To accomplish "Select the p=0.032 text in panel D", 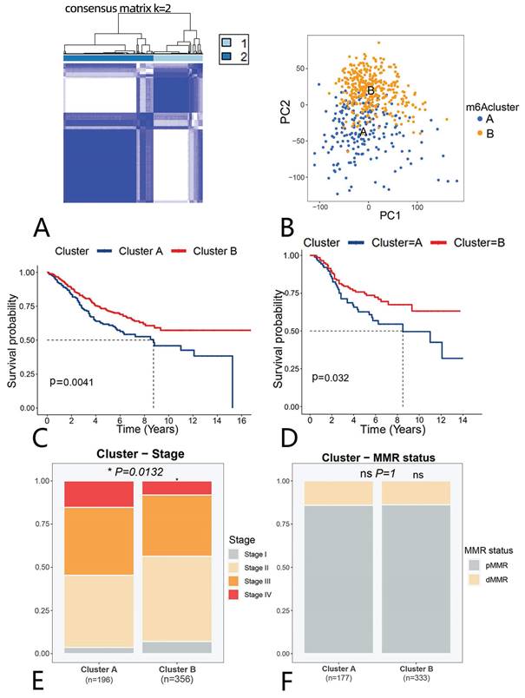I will [332, 377].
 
